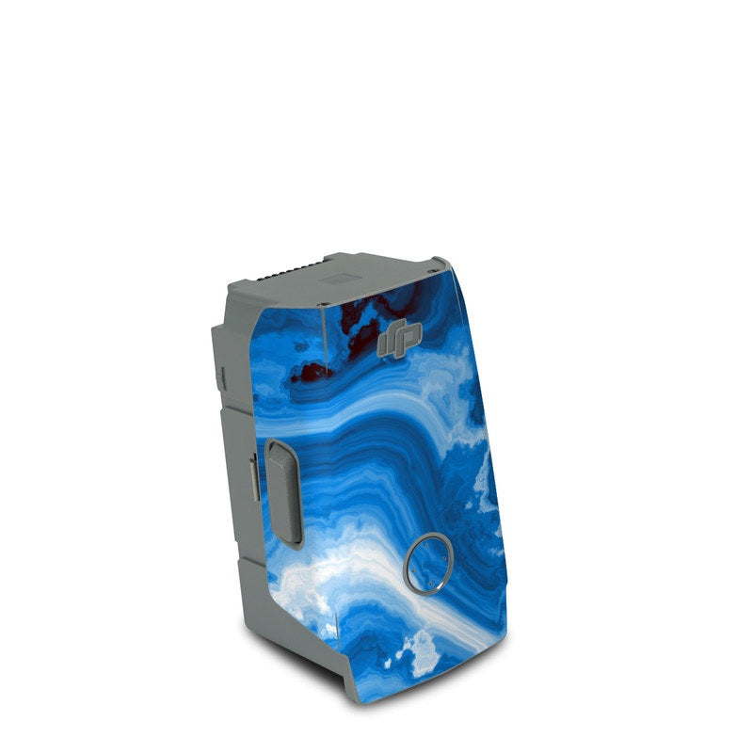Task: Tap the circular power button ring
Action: (x=428, y=564)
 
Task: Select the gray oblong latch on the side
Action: (x=283, y=491)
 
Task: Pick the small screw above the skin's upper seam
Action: (x=326, y=303)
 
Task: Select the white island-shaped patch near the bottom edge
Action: (x=421, y=649)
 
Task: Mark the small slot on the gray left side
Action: (x=222, y=376)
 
